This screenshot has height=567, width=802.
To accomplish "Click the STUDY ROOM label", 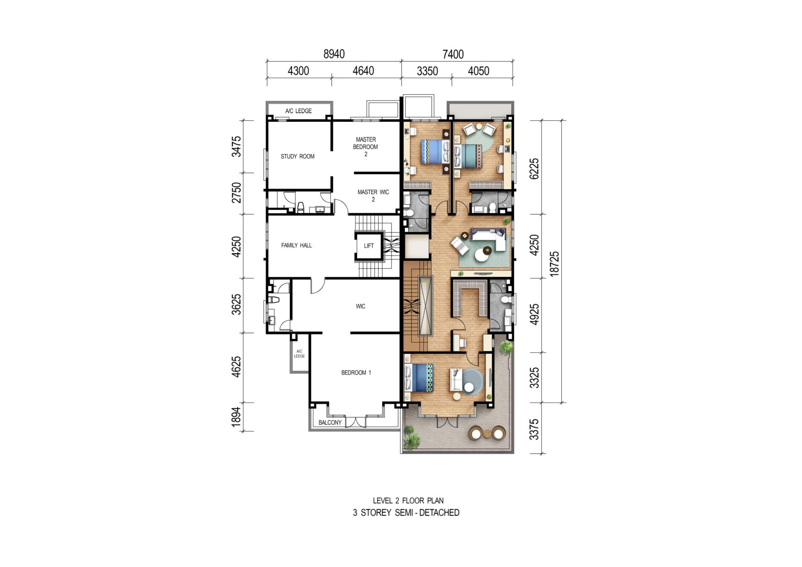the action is [x=297, y=157].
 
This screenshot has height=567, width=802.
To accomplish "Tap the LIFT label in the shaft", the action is [x=369, y=246].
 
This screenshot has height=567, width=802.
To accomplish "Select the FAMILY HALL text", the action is [x=297, y=246].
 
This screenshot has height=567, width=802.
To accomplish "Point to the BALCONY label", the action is [x=330, y=423].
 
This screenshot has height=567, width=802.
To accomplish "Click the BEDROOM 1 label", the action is [x=356, y=372].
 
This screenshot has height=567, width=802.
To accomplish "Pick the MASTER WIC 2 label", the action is [x=373, y=196].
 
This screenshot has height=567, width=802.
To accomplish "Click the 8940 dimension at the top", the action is [x=334, y=54].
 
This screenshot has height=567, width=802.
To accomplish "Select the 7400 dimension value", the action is [x=453, y=54].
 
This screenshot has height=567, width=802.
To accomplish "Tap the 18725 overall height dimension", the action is [x=554, y=264].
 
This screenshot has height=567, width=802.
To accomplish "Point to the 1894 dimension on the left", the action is [x=236, y=417].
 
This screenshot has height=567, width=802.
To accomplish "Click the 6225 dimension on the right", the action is [x=534, y=169].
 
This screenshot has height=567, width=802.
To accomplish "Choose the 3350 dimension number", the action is [x=427, y=71].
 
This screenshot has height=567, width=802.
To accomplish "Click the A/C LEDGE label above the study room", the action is [x=298, y=111].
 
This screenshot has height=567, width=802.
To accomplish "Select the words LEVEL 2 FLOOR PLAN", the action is [x=408, y=501].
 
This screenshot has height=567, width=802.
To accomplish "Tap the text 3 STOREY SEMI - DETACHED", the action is [x=406, y=513].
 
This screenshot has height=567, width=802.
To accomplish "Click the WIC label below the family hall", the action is [x=360, y=306].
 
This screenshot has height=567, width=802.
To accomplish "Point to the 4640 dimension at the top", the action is [x=363, y=71].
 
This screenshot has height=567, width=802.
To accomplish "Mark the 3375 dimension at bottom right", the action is [x=534, y=430].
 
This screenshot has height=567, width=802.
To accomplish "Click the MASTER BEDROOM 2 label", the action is [x=365, y=147].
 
